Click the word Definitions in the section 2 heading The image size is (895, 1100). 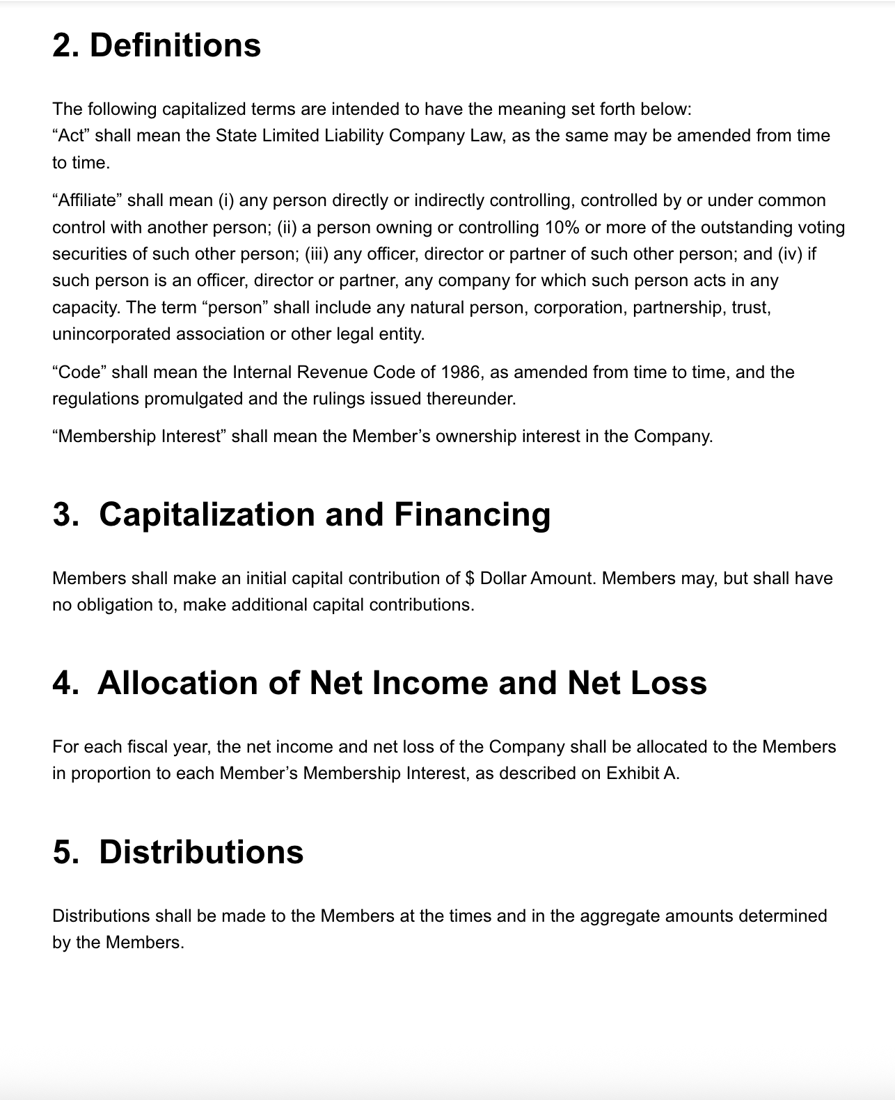175,46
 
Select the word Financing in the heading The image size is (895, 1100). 472,514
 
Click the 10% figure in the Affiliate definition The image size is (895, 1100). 562,228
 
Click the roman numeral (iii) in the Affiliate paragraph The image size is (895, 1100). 317,254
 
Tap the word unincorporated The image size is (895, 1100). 111,334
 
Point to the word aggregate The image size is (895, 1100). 619,916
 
